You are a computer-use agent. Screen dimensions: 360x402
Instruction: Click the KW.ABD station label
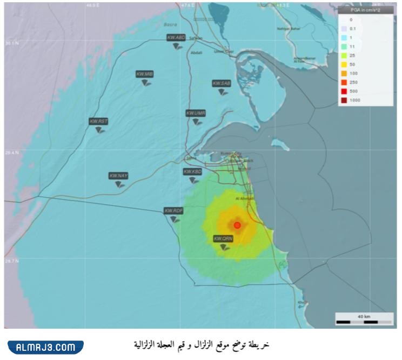(x=176, y=38)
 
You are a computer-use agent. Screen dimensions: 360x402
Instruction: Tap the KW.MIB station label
(x=144, y=74)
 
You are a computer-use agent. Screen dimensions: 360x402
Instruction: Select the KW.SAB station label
(x=222, y=83)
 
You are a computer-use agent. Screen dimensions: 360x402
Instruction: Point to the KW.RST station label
(x=99, y=122)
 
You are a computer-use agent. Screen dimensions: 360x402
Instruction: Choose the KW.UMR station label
(x=196, y=113)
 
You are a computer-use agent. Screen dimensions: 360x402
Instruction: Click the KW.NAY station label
(x=118, y=176)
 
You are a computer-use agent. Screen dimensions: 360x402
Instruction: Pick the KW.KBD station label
(x=192, y=171)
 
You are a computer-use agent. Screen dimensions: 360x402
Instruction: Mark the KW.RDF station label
(x=175, y=210)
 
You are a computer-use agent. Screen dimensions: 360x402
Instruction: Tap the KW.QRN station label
(x=223, y=238)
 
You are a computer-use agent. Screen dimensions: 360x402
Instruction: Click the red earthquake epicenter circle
(x=237, y=225)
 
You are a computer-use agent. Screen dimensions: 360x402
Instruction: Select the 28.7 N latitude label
(x=11, y=261)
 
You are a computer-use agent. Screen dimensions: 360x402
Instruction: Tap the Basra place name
(x=170, y=24)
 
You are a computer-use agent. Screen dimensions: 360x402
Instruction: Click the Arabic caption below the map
(x=202, y=344)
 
